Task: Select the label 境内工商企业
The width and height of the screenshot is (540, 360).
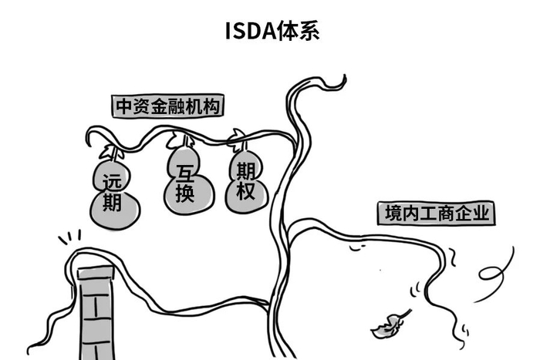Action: pos(435,213)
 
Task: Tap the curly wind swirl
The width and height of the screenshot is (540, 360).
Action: pos(494,269)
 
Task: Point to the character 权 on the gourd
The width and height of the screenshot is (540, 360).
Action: pos(245,193)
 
